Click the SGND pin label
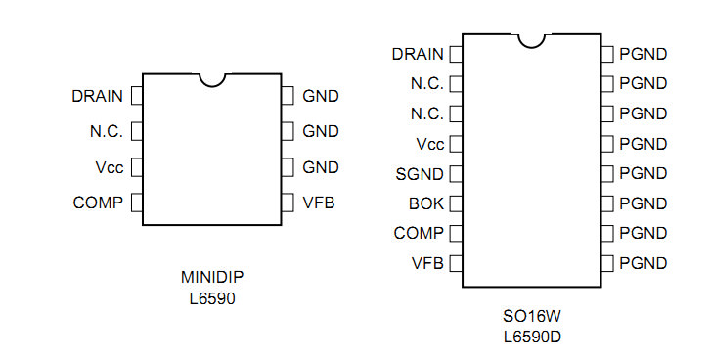coord(420,174)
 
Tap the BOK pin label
coord(426,203)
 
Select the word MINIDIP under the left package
coord(212,277)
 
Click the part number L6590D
coord(532,337)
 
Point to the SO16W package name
coord(532,316)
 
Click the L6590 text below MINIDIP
coord(212,298)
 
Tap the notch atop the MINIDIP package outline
coord(212,80)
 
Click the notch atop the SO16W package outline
coord(531,41)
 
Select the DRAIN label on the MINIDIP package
coord(98,96)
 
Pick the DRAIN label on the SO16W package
coord(418,54)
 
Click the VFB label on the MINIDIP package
coord(319,202)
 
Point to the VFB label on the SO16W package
coord(427,263)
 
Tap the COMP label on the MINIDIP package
coord(98,202)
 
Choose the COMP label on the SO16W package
coord(419,233)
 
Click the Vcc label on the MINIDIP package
coord(110,167)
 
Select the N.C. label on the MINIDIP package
coord(107,131)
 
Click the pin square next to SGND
coord(456,174)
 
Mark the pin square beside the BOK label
coord(456,203)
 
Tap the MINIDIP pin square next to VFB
coord(288,202)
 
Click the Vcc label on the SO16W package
coord(430,144)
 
